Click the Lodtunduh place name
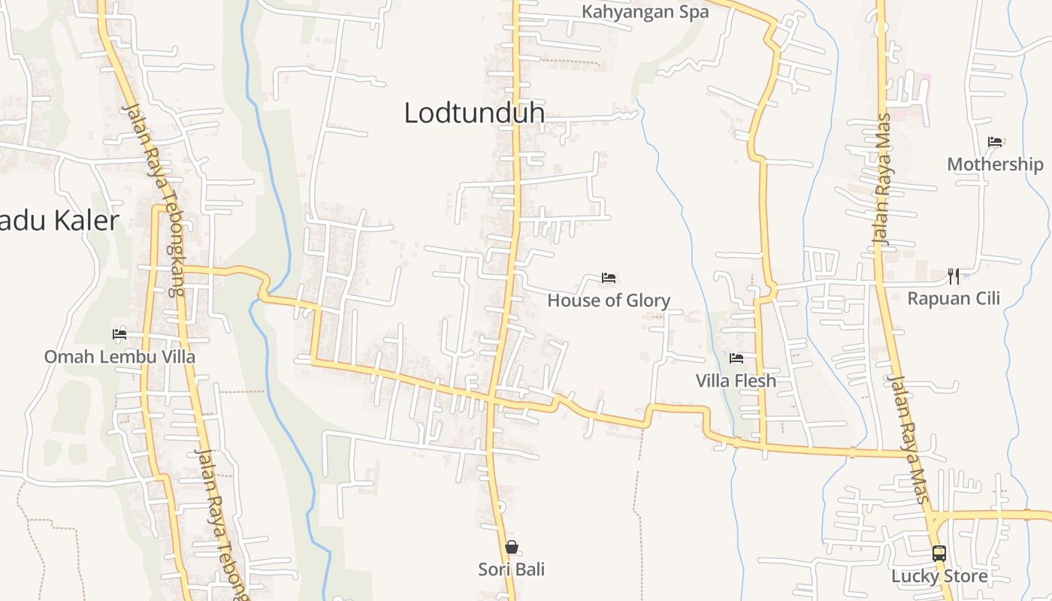[x=474, y=113]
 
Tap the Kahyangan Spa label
[x=645, y=13]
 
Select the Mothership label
[x=995, y=165]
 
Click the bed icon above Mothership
[x=995, y=141]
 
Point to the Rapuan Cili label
[x=954, y=298]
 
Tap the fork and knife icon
[x=954, y=276]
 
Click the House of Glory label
[x=609, y=300]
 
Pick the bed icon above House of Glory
[x=609, y=278]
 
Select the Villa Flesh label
[x=736, y=381]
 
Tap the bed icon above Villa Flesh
[x=736, y=358]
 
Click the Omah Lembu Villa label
[x=119, y=356]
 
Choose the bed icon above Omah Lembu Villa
[x=119, y=334]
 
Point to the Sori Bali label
[x=512, y=569]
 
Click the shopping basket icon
[x=512, y=547]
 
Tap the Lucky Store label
[x=939, y=576]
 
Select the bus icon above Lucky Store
[x=939, y=554]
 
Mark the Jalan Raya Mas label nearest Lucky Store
[x=910, y=439]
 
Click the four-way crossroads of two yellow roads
[x=489, y=397]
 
